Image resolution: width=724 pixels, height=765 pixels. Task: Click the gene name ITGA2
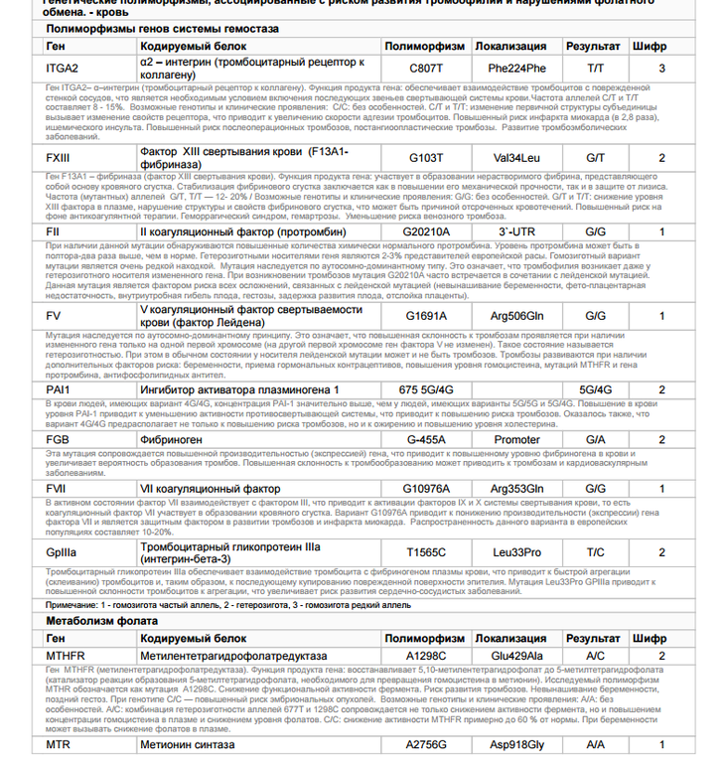(x=62, y=69)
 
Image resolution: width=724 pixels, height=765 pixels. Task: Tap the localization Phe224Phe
(x=516, y=69)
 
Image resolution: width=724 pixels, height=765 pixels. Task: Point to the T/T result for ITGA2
(x=595, y=69)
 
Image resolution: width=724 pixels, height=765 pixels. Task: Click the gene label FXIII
(x=59, y=158)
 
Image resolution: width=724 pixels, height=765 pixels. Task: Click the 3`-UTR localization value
(x=516, y=231)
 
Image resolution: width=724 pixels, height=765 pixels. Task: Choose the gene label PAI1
(x=58, y=389)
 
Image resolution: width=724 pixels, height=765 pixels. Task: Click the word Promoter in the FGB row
(x=517, y=439)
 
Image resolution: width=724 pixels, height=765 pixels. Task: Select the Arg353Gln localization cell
(x=517, y=489)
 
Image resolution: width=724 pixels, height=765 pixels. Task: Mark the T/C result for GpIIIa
(x=595, y=552)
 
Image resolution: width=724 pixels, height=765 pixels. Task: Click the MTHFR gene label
(x=66, y=656)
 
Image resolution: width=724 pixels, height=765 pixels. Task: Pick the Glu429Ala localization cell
(x=517, y=656)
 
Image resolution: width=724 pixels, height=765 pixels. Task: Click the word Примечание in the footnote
(x=72, y=604)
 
